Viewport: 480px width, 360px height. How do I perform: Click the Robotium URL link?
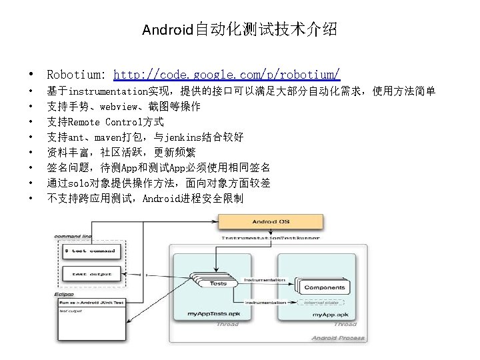pos(227,73)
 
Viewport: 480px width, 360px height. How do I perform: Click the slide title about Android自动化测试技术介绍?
pos(239,29)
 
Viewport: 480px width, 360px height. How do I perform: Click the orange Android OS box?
pos(271,221)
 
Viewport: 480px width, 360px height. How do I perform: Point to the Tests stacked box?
pos(217,283)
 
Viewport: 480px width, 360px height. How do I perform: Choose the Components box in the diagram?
pos(324,288)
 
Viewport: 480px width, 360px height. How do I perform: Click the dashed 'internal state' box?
pos(323,302)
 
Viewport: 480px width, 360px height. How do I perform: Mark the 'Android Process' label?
pos(338,338)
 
